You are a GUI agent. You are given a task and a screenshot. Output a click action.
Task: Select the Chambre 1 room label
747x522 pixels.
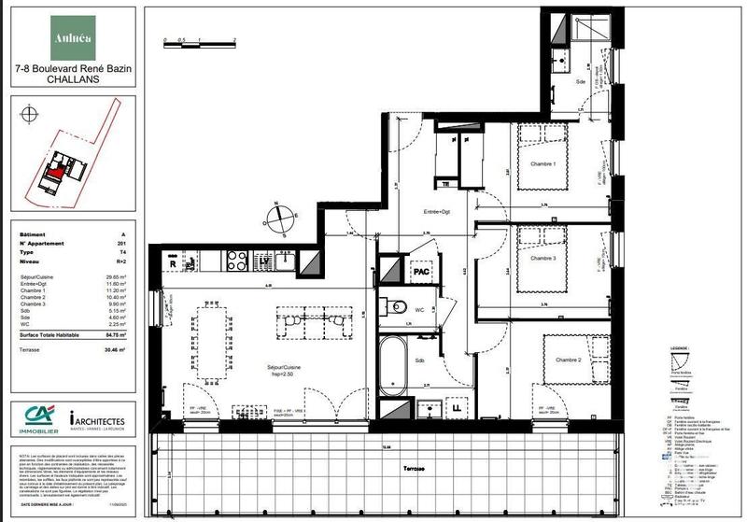pyautogui.click(x=543, y=166)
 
